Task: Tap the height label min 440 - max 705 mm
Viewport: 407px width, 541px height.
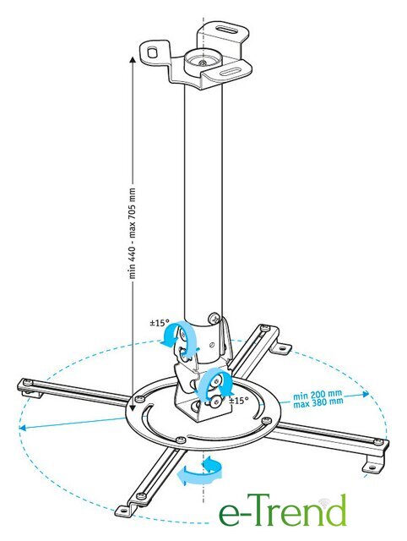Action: pos(133,233)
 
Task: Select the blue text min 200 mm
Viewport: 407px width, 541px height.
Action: pos(317,395)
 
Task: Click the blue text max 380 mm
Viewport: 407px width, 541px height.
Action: pos(318,402)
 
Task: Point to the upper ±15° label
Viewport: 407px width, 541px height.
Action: pos(160,323)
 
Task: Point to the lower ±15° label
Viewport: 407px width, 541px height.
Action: pos(239,401)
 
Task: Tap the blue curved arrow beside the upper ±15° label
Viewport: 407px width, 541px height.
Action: pos(179,339)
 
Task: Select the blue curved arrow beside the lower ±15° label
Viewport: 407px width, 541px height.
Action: pos(215,383)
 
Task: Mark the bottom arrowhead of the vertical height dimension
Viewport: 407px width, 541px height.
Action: pos(132,407)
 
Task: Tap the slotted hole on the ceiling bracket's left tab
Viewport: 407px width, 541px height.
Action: pos(151,52)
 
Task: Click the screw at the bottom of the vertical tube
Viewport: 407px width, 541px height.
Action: pos(214,317)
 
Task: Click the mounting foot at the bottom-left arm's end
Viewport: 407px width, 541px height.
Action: pos(126,510)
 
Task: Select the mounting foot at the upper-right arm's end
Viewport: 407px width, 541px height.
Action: pos(281,348)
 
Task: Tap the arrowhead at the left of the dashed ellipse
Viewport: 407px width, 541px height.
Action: pos(23,429)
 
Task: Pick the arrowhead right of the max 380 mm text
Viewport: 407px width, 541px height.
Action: pos(365,394)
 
